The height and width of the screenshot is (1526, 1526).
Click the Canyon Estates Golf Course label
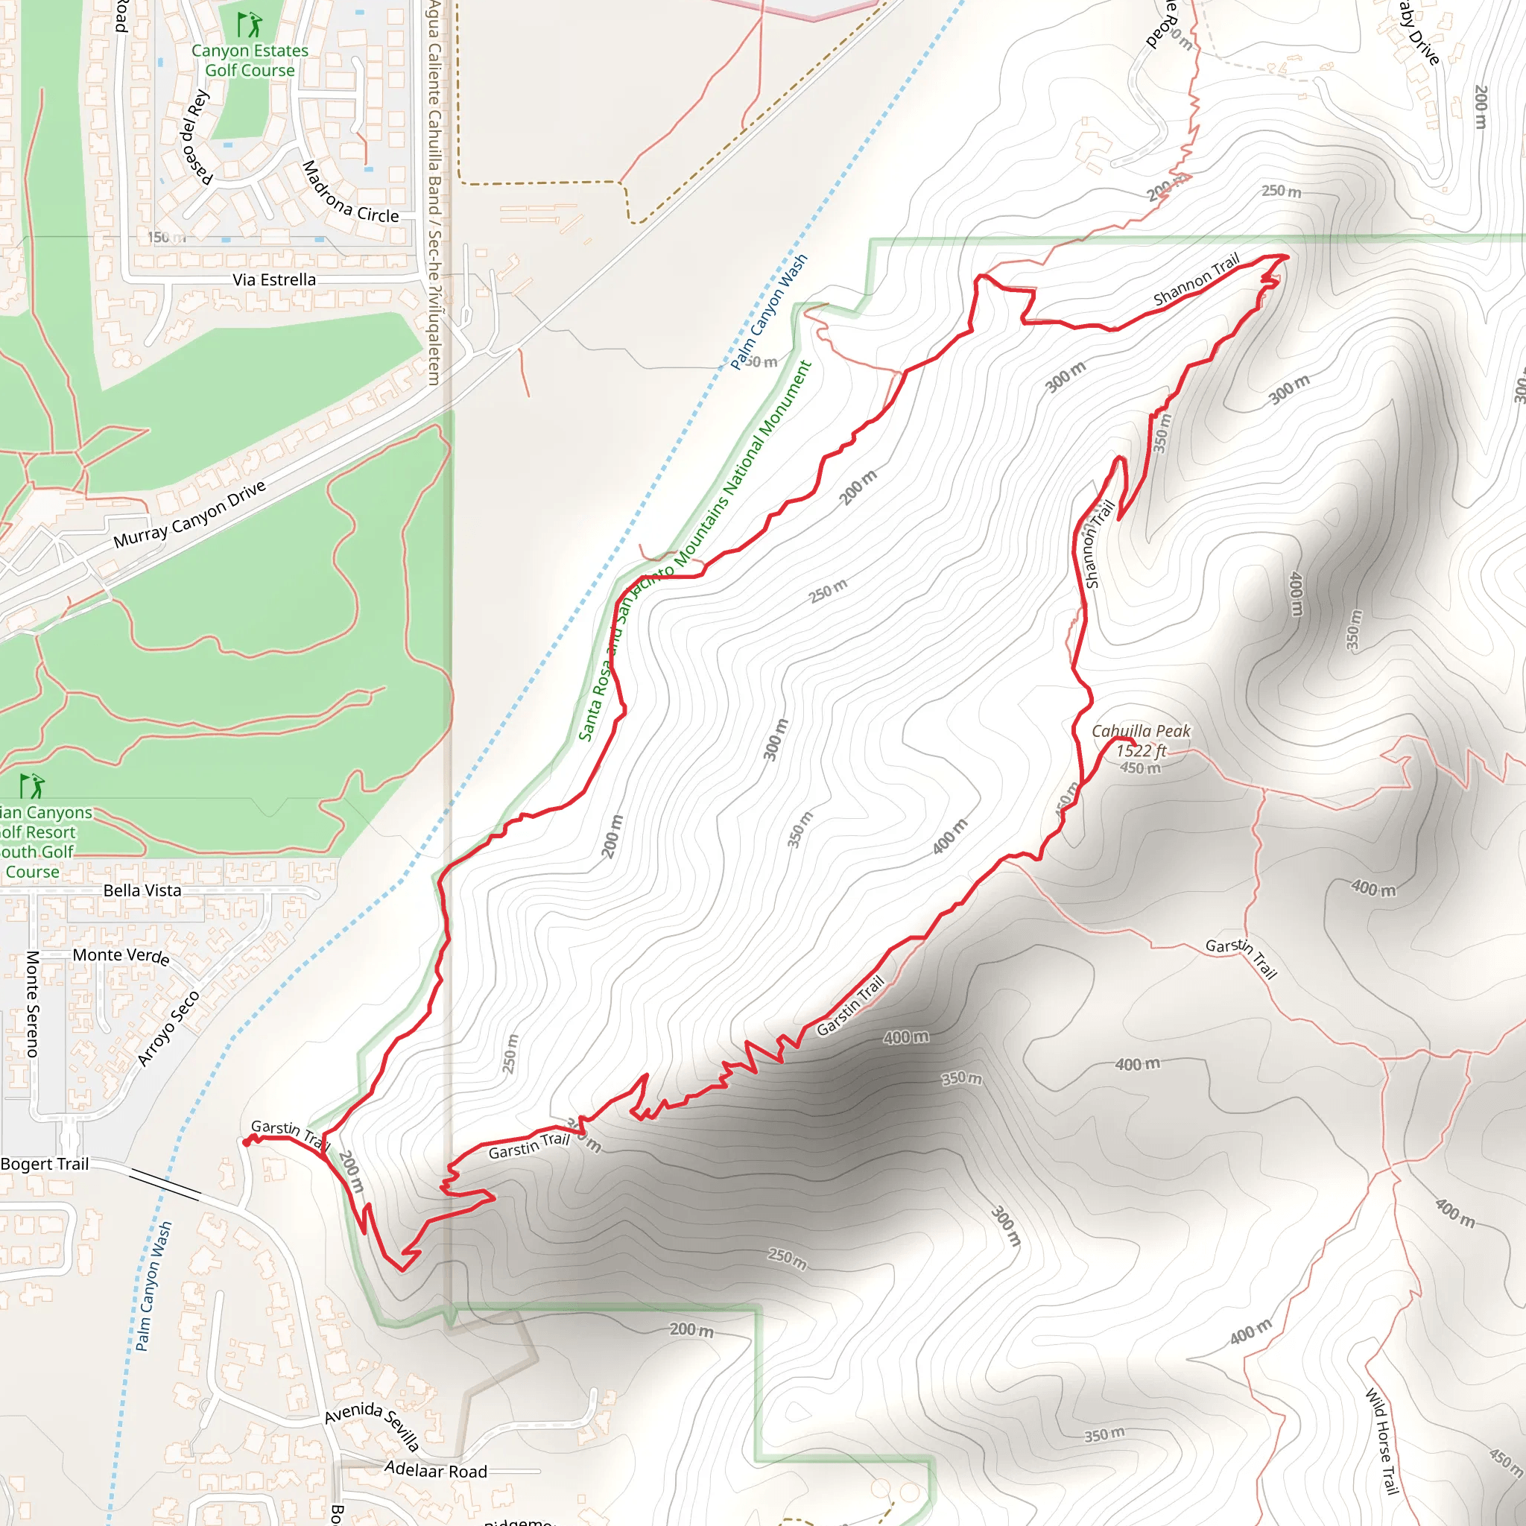[250, 61]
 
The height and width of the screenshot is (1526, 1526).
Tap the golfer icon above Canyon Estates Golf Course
[250, 25]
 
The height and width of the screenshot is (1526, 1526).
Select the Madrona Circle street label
[349, 194]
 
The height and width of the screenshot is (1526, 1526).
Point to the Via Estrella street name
[274, 279]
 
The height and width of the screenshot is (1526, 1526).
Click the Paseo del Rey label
[196, 136]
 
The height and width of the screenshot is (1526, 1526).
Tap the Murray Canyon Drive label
[189, 514]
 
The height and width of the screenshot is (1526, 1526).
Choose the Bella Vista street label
[142, 890]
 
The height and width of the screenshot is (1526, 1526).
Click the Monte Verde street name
[121, 956]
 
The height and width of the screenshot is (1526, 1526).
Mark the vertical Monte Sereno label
[32, 1003]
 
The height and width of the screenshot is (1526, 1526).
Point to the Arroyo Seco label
[168, 1028]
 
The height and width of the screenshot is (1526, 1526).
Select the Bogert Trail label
[45, 1163]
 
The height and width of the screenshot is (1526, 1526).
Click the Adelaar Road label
[435, 1471]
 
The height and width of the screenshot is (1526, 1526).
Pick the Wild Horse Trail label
[1382, 1441]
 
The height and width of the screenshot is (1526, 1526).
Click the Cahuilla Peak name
[1141, 732]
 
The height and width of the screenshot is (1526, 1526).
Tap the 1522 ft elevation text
[1141, 750]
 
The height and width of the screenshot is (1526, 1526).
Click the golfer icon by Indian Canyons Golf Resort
[31, 786]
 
